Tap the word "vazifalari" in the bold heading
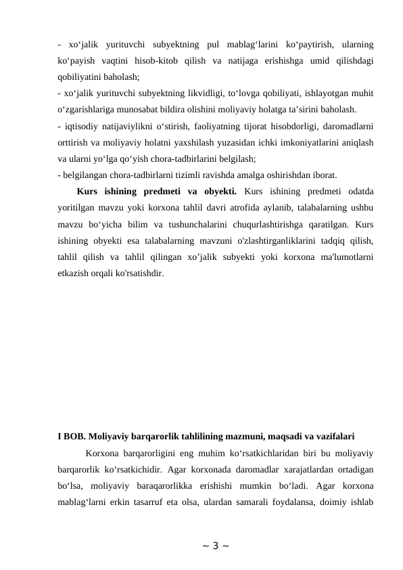tap(333, 435)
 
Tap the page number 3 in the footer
tap(201, 546)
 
